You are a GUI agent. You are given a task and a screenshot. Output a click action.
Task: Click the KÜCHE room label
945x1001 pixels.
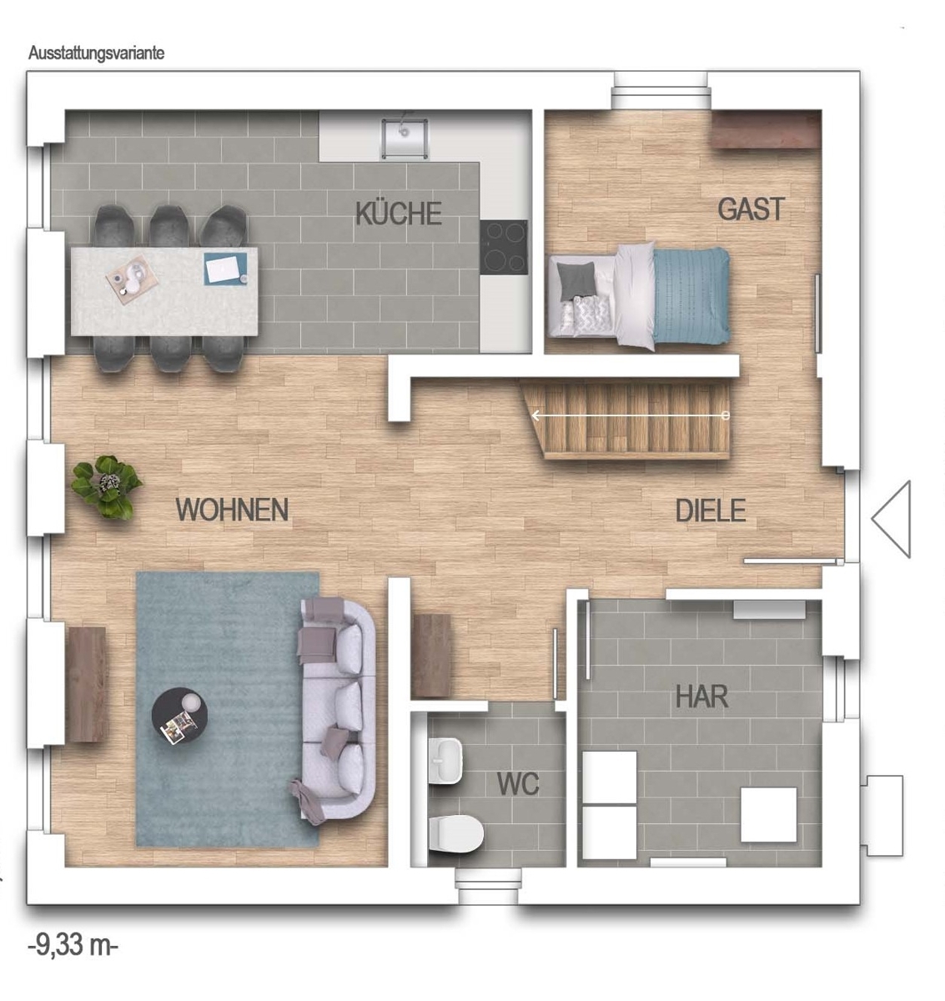click(x=399, y=214)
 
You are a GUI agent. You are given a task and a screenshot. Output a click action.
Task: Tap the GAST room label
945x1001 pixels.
click(x=751, y=209)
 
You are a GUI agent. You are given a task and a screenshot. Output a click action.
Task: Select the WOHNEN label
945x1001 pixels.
click(x=232, y=510)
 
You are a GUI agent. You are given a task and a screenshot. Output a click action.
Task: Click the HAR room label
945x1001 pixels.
click(x=701, y=697)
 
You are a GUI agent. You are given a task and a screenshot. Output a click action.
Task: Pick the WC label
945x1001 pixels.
click(x=518, y=784)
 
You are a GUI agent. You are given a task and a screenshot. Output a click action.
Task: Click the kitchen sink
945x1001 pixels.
click(x=405, y=138)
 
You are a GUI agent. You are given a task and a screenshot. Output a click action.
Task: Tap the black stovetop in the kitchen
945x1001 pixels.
click(x=504, y=247)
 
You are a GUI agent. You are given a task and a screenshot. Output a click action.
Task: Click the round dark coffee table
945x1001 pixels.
click(x=179, y=715)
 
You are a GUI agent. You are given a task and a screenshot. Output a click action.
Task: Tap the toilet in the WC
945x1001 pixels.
click(x=456, y=833)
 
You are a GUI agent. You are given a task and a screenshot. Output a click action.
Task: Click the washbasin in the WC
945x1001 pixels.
click(x=445, y=761)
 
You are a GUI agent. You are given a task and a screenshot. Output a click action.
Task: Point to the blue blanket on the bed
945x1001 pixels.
click(x=691, y=295)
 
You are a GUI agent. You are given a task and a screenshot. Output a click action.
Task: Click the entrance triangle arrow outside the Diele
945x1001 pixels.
click(x=891, y=519)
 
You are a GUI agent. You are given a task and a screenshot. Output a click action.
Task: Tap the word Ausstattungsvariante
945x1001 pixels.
click(x=96, y=53)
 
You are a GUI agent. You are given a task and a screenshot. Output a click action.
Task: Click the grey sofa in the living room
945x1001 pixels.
click(x=334, y=710)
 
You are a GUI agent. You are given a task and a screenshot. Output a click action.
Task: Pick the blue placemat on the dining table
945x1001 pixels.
click(x=225, y=269)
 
